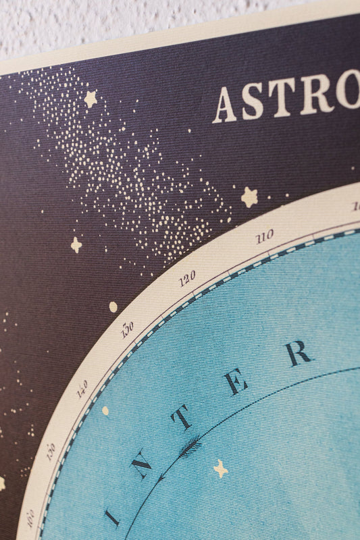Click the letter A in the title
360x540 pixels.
tap(225, 106)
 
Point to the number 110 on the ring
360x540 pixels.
tap(264, 236)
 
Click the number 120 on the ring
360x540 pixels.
tap(187, 277)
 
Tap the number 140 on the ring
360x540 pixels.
tap(82, 389)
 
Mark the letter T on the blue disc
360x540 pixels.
tap(182, 419)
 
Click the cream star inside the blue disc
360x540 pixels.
tap(220, 468)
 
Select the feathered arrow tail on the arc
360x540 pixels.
tap(190, 446)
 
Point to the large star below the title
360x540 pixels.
tap(250, 197)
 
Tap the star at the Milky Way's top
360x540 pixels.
tap(90, 99)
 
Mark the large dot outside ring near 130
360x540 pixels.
tap(113, 307)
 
